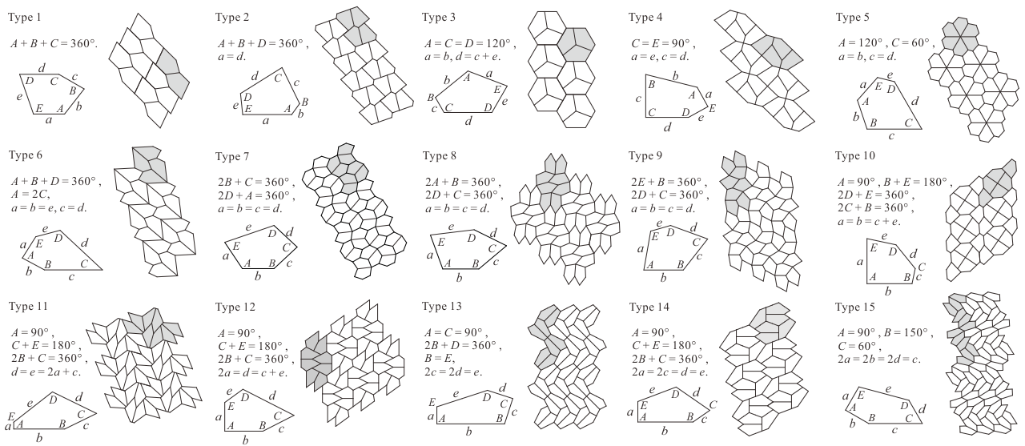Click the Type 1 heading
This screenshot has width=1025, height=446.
[25, 18]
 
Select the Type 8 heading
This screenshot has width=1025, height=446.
[440, 155]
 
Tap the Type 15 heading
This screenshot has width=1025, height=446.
[854, 307]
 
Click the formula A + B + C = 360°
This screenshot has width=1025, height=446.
[54, 44]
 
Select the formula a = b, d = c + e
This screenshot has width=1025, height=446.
[463, 57]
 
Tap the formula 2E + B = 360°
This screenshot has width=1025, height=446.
[669, 182]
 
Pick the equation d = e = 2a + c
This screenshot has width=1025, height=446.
[46, 372]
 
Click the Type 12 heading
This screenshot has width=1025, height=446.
[235, 307]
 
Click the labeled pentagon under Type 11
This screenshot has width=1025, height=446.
[55, 412]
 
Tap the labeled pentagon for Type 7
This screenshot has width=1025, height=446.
[261, 247]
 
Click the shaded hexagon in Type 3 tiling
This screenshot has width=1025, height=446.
[576, 44]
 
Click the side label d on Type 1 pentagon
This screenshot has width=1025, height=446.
[42, 68]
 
